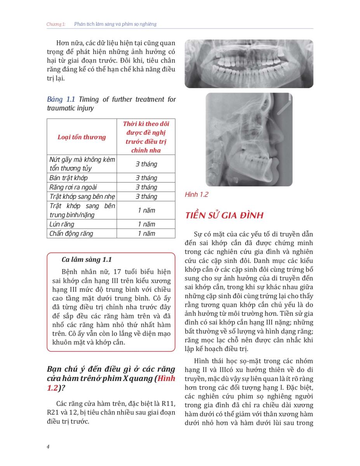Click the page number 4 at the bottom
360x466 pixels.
click(48, 447)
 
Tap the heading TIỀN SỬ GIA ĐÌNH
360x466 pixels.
click(224, 216)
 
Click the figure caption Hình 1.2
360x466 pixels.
click(197, 195)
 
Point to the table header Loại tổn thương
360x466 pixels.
click(82, 137)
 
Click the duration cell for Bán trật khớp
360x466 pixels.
click(146, 178)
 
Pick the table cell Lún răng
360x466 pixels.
click(62, 224)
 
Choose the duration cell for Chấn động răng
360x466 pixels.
click(146, 233)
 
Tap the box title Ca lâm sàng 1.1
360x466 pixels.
click(87, 259)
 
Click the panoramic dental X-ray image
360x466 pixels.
click(249, 63)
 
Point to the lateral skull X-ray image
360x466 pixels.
click(249, 139)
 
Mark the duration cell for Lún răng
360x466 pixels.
click(146, 224)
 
